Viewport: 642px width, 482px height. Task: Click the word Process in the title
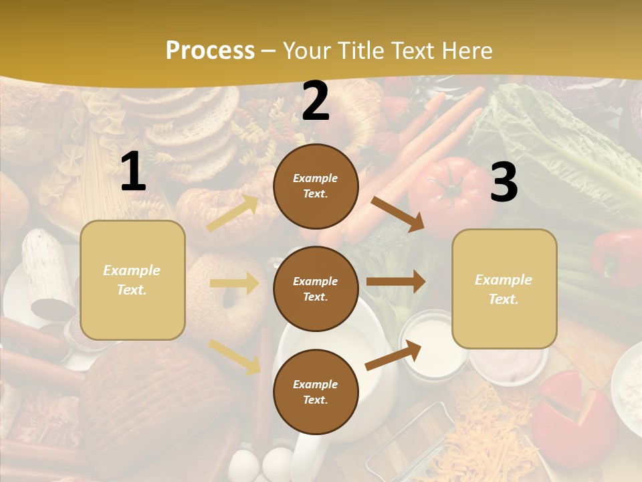click(x=210, y=51)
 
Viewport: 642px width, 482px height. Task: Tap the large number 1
click(x=133, y=172)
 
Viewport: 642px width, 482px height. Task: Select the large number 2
click(x=316, y=102)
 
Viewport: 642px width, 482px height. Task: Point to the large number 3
click(x=504, y=182)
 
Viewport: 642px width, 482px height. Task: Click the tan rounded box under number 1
click(x=132, y=280)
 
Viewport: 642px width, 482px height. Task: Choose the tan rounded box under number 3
click(x=504, y=289)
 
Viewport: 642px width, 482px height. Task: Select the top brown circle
click(x=316, y=186)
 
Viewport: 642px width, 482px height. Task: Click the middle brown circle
click(x=316, y=289)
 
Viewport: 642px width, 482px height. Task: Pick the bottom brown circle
click(x=316, y=392)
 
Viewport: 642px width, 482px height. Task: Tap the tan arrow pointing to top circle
click(x=233, y=214)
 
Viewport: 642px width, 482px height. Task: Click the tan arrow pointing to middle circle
click(x=234, y=283)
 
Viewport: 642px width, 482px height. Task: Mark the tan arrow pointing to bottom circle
click(x=235, y=357)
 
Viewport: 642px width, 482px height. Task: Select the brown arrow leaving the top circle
click(x=398, y=214)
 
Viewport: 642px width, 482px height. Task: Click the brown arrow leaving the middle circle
click(x=396, y=281)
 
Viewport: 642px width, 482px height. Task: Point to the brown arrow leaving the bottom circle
click(x=394, y=355)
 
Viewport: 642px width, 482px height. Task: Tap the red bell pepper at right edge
click(x=619, y=258)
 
